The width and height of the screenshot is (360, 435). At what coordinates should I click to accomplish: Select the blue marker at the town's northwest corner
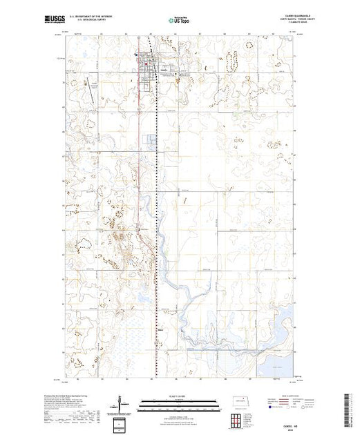tap(136, 56)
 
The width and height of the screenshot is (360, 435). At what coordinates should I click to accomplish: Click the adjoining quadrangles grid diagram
tap(237, 418)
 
